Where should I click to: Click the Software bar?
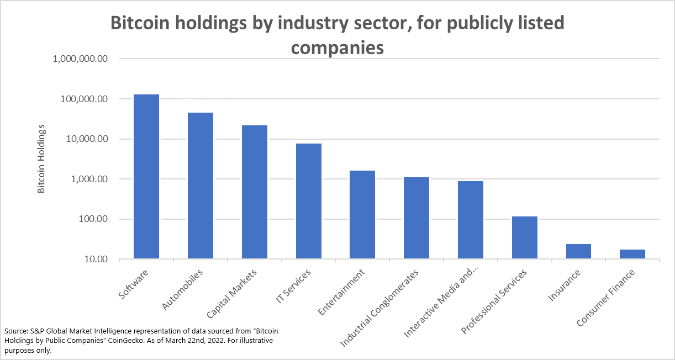[x=146, y=177]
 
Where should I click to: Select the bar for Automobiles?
[x=201, y=186]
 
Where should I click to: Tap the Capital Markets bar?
[x=255, y=192]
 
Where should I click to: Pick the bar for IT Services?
[x=309, y=201]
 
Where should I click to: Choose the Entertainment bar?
[x=362, y=215]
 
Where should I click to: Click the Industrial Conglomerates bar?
[x=416, y=218]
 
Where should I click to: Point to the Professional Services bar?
[x=525, y=237]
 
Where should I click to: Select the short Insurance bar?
[x=578, y=251]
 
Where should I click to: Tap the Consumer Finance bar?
[x=632, y=254]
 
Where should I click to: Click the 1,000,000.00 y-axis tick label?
[x=80, y=59]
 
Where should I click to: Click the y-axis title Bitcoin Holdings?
[x=41, y=159]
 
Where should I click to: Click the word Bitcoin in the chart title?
[x=141, y=23]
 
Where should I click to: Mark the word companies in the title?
[x=337, y=47]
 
